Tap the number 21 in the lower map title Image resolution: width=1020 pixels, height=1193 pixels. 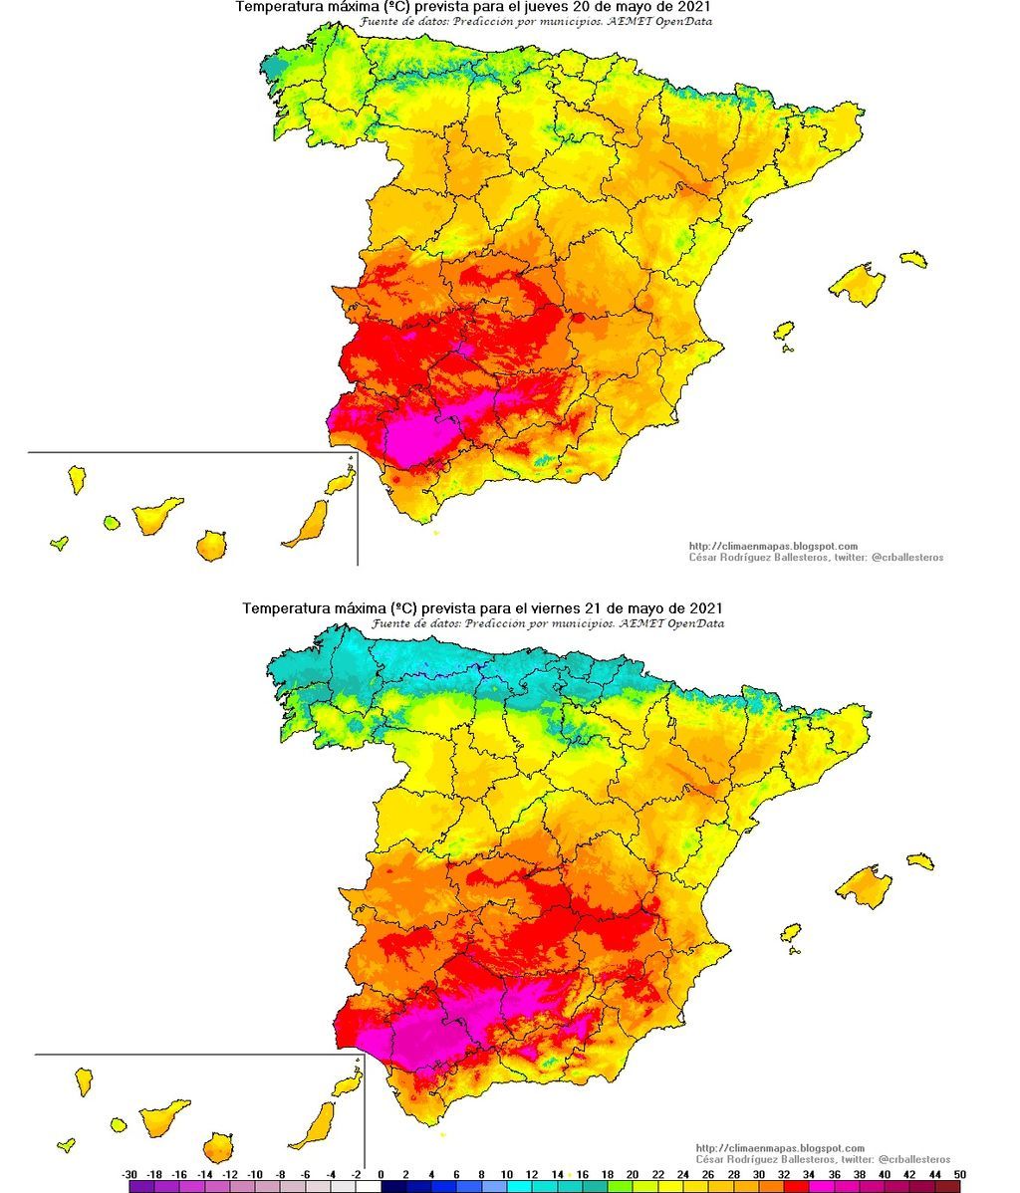pyautogui.click(x=584, y=607)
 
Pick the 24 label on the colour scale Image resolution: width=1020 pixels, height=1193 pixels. pyautogui.click(x=685, y=1174)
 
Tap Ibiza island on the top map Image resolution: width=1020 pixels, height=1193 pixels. pyautogui.click(x=784, y=331)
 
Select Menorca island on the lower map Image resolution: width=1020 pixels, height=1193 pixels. pyautogui.click(x=920, y=860)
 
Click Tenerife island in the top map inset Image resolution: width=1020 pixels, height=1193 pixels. pyautogui.click(x=157, y=516)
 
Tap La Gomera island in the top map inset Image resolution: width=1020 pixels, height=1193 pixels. pyautogui.click(x=112, y=522)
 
